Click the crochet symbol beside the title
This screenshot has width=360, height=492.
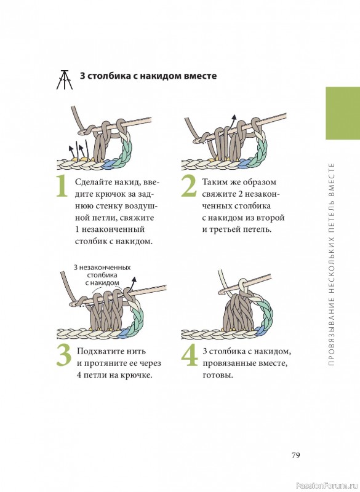point(65,79)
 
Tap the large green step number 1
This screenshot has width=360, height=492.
point(62,186)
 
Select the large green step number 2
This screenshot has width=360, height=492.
point(189,186)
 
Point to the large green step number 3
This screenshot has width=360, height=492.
point(65,355)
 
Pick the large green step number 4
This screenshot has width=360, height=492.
point(190,355)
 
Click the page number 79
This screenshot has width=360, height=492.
point(295,455)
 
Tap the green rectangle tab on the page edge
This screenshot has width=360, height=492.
point(343,113)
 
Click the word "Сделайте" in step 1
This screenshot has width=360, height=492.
point(93,182)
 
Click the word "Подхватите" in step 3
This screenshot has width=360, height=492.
point(100,351)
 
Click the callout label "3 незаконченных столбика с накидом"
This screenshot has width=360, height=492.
point(102,275)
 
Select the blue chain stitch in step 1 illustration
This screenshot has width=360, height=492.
point(108,163)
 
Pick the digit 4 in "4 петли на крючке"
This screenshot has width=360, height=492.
point(79,375)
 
